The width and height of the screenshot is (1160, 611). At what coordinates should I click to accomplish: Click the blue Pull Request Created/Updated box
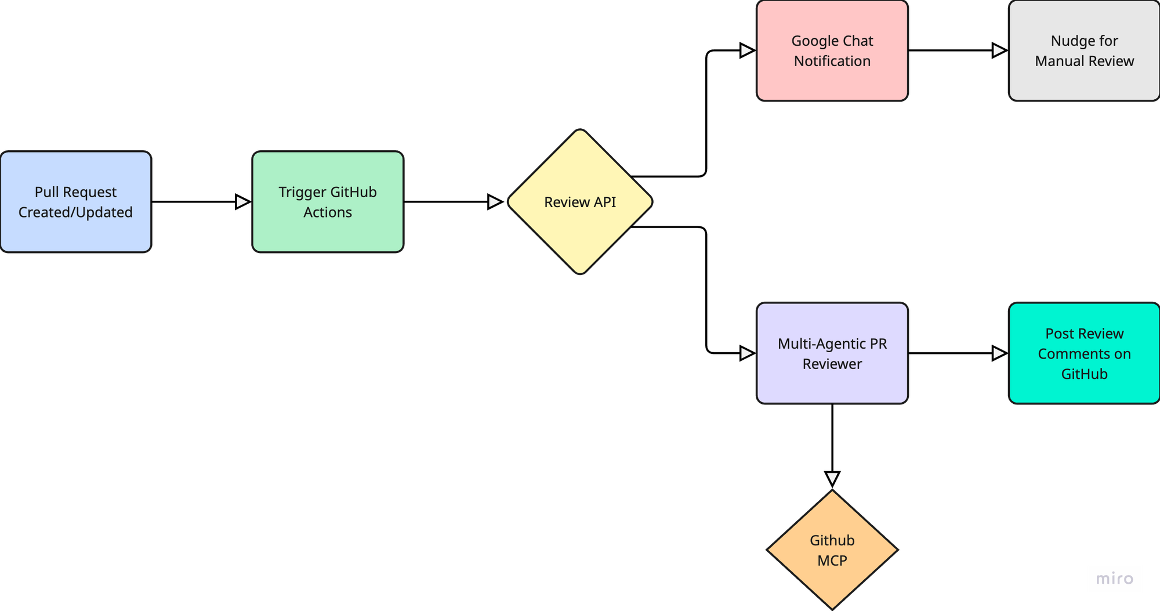tap(75, 202)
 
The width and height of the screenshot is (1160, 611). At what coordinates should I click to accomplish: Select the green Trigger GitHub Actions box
tap(328, 202)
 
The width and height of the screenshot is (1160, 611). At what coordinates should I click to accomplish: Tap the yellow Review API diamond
tap(580, 202)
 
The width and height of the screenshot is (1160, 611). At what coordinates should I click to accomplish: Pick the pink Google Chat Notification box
tap(832, 50)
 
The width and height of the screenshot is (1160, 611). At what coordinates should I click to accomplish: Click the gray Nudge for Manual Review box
tap(1084, 50)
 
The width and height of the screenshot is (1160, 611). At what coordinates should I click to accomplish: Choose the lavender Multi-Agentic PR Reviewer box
tap(832, 353)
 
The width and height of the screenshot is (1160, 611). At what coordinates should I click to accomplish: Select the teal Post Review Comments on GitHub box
tap(1084, 353)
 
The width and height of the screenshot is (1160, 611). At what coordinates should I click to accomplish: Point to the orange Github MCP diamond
tap(832, 550)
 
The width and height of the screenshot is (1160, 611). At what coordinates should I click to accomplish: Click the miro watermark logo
tap(1114, 579)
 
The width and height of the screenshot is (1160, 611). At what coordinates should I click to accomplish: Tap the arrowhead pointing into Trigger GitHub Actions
tap(243, 202)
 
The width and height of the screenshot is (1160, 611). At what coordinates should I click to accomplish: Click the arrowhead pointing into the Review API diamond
tap(495, 202)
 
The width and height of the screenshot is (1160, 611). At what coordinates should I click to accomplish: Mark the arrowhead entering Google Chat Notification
tap(748, 50)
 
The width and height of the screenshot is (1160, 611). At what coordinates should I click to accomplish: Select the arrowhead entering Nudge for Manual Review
tap(1000, 50)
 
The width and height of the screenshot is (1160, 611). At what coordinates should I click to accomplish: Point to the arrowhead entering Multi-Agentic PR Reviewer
tap(748, 353)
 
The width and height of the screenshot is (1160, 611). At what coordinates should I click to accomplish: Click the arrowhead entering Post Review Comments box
tap(1000, 353)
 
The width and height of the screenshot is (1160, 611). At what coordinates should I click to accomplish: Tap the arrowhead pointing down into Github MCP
tap(832, 479)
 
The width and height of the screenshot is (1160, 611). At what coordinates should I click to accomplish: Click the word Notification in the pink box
tap(832, 61)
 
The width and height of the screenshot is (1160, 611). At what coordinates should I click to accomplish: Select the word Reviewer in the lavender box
tap(832, 364)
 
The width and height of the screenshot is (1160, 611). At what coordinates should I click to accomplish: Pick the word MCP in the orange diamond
tap(832, 561)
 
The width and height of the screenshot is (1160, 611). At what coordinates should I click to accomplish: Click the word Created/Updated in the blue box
tap(75, 212)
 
